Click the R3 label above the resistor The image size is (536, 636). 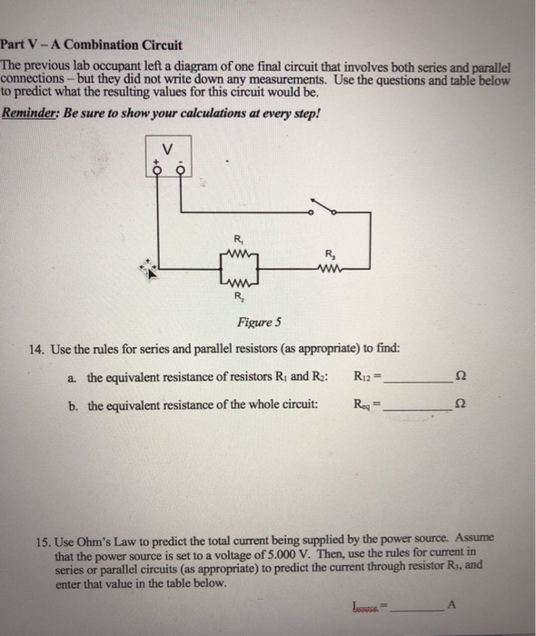(x=328, y=253)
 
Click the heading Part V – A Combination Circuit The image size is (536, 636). (x=92, y=45)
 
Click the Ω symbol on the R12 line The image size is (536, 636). (x=466, y=377)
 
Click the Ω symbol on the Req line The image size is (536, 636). (x=466, y=406)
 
